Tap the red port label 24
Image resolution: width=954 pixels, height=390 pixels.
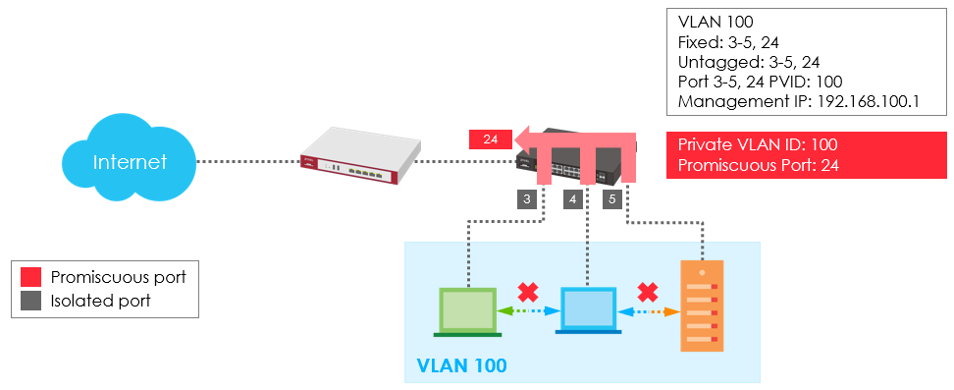coord(491,139)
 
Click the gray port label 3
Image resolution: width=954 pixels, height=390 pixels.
coord(527,199)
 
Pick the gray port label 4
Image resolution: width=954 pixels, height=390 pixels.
coord(572,199)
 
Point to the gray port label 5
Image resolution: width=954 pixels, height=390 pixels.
coord(612,199)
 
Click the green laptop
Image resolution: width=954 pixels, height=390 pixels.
coord(467,312)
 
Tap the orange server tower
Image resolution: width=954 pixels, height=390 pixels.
coord(702,306)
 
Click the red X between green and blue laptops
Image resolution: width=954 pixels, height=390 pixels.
coord(527,293)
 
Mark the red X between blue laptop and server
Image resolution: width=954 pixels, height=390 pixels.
coord(648,293)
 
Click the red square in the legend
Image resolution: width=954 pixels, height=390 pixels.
coord(30,277)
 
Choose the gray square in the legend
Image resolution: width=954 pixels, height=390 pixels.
coord(30,301)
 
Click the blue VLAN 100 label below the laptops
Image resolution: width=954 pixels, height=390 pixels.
coord(461,365)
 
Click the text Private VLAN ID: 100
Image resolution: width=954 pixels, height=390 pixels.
coord(758,145)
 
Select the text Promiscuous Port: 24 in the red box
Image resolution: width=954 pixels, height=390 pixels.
coord(759,165)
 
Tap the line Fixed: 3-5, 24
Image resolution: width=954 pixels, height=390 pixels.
coord(728,42)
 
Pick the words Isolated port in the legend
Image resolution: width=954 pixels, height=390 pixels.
coord(100,301)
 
